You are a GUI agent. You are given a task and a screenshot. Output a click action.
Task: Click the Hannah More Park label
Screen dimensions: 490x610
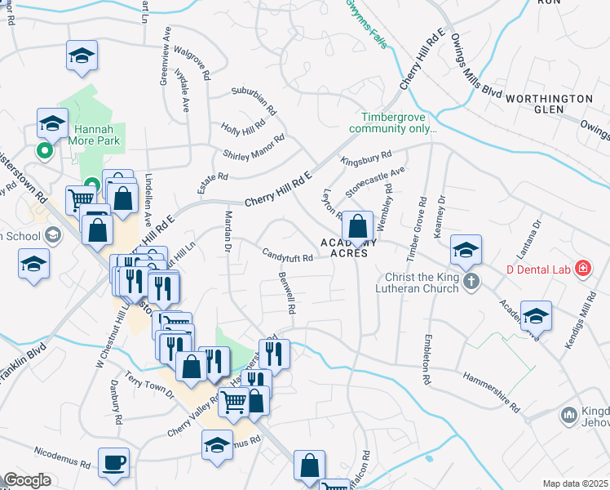pyautogui.click(x=97, y=135)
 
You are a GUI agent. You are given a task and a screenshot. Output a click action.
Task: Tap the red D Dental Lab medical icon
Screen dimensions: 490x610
pyautogui.click(x=582, y=268)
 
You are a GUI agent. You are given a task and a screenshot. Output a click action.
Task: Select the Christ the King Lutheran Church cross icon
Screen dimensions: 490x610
pyautogui.click(x=470, y=282)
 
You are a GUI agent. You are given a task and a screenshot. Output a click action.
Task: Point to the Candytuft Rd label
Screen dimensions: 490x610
pyautogui.click(x=287, y=257)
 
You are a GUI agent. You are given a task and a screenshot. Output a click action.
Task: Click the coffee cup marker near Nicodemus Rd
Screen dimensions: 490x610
pyautogui.click(x=113, y=463)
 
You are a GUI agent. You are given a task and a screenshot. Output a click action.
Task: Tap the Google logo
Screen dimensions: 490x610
pyautogui.click(x=28, y=480)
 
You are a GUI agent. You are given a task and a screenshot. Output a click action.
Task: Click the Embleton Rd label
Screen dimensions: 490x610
pyautogui.click(x=426, y=359)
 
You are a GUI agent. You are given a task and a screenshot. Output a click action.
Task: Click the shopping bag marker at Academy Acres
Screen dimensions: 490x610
pyautogui.click(x=357, y=226)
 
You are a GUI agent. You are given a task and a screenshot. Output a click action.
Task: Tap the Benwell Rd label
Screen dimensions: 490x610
pyautogui.click(x=285, y=294)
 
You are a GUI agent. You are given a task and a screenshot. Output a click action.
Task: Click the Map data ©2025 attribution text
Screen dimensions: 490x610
pyautogui.click(x=575, y=483)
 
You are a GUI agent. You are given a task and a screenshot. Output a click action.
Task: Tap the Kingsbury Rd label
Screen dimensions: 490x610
pyautogui.click(x=366, y=157)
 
